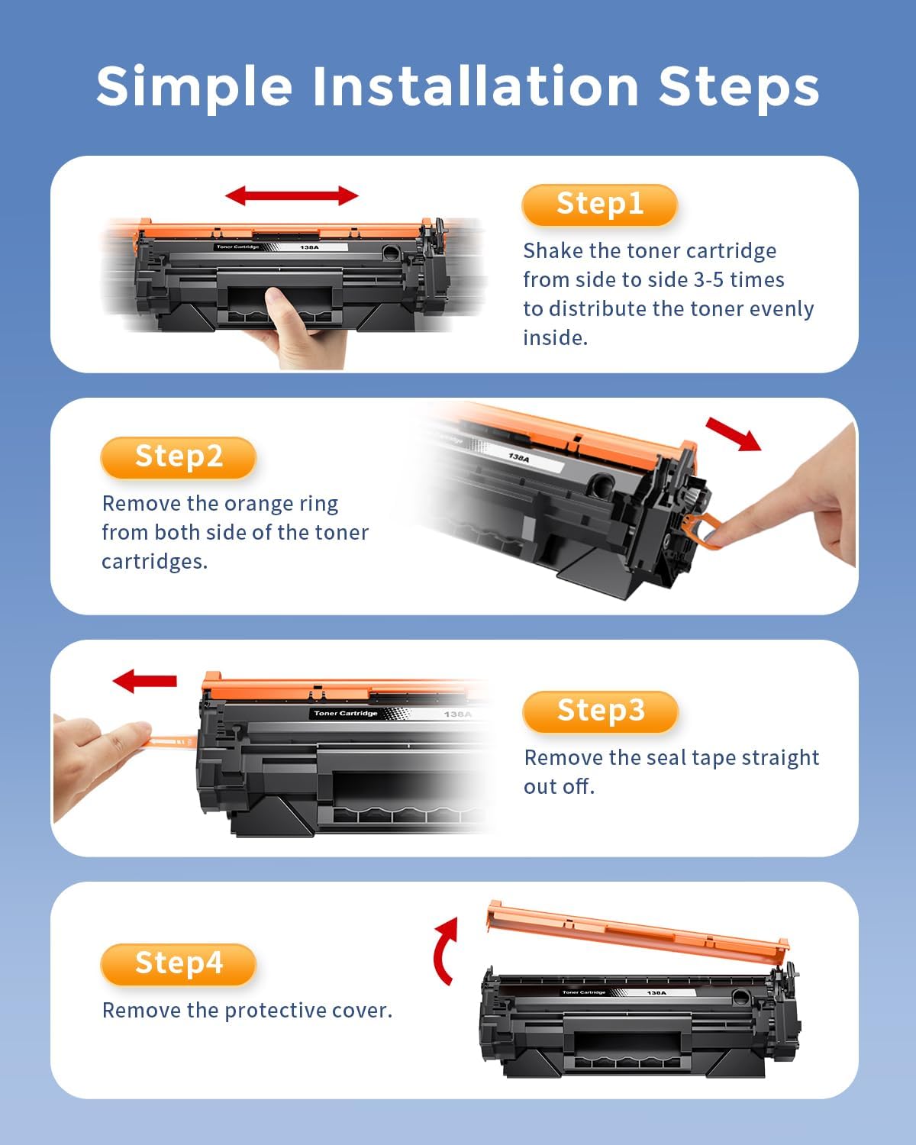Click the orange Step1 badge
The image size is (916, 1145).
point(599,205)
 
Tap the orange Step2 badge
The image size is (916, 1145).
point(178,457)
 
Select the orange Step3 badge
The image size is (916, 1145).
point(600,711)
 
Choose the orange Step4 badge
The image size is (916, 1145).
point(178,963)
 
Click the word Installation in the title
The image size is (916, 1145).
point(475,85)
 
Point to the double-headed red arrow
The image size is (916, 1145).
point(292,195)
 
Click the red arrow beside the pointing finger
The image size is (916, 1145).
point(733,434)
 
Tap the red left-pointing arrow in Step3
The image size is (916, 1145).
point(144,679)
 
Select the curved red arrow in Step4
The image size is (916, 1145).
point(445,950)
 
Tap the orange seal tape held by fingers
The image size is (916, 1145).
point(172,740)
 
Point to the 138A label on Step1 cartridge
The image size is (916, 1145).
point(309,247)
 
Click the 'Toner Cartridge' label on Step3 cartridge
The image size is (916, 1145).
point(346,713)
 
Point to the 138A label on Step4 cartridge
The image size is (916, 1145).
point(656,992)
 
